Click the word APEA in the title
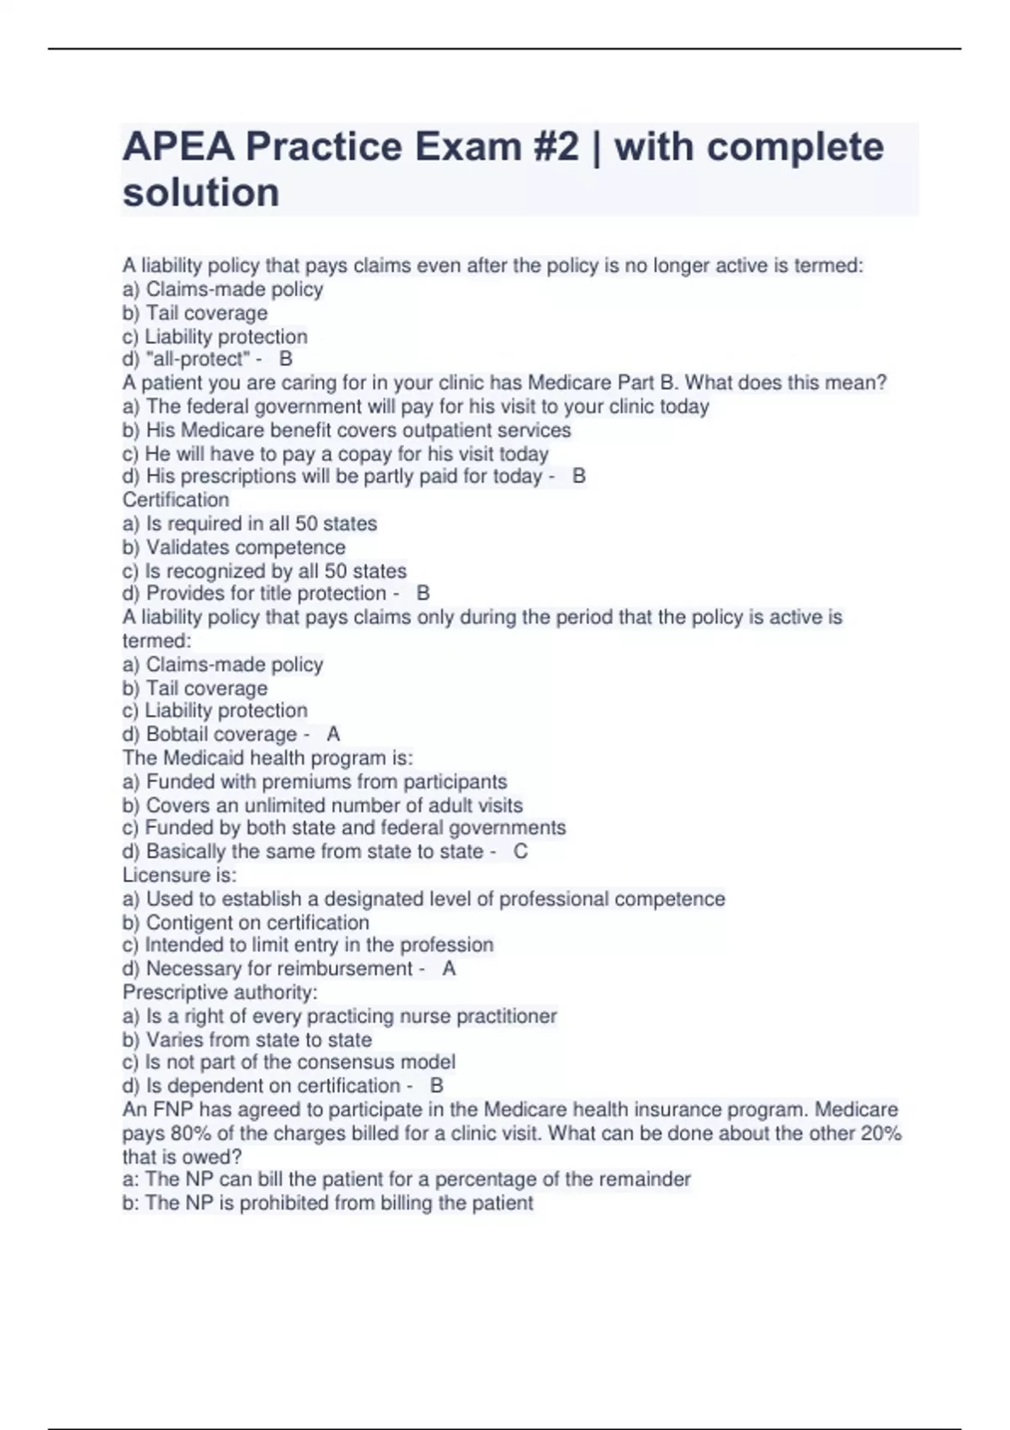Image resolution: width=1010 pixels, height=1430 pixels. pos(178,147)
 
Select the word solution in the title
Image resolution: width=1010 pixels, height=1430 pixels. pos(201,193)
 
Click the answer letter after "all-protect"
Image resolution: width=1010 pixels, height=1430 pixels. pos(286,359)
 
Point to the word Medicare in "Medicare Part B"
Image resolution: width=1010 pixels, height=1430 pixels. pos(569,383)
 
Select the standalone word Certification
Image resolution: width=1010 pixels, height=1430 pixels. pos(176,500)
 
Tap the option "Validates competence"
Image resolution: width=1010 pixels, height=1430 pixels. pos(245,547)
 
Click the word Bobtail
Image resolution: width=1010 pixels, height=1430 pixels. pos(179,734)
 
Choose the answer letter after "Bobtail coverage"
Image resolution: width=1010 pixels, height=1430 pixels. pos(333,734)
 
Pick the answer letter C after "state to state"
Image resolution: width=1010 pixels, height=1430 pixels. pos(521,851)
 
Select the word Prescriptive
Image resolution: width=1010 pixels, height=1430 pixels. pos(175,993)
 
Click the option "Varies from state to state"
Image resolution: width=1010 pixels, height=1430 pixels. pos(258,1040)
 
